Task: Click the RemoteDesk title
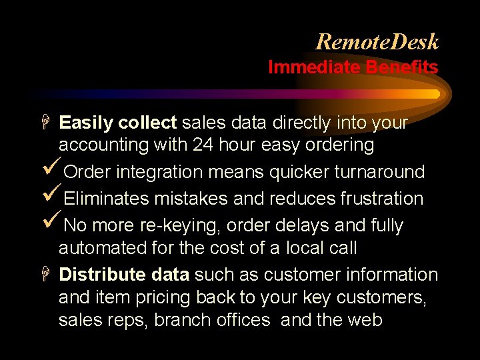pyautogui.click(x=377, y=42)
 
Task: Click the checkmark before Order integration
pyautogui.click(x=50, y=171)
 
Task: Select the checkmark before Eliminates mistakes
pyautogui.click(x=50, y=198)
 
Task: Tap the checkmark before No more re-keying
pyautogui.click(x=50, y=225)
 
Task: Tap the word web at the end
pyautogui.click(x=365, y=320)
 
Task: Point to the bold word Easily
pyautogui.click(x=86, y=123)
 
